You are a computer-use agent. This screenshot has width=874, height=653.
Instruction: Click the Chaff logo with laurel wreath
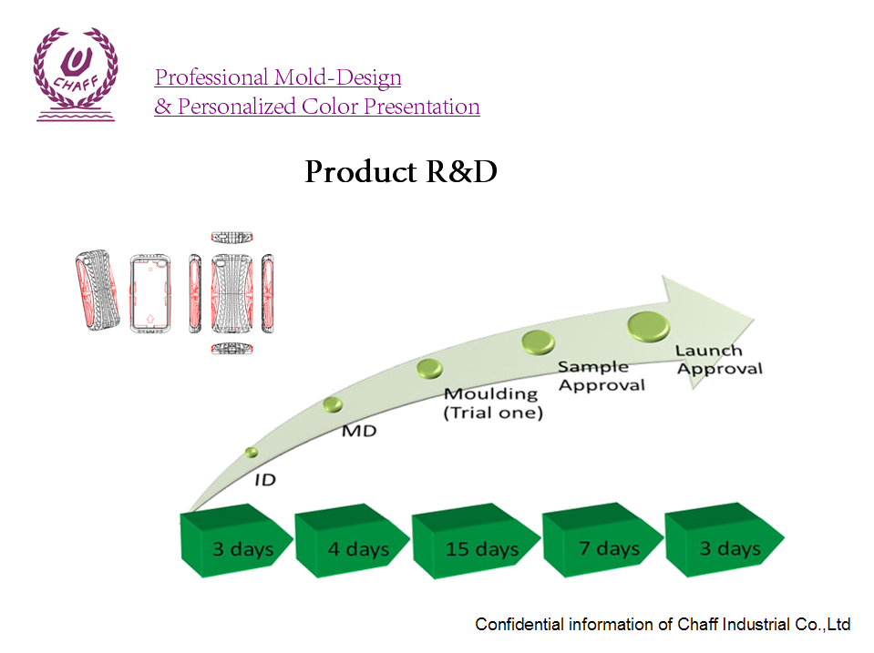click(76, 73)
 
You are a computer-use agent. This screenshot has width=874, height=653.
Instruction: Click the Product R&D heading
click(400, 172)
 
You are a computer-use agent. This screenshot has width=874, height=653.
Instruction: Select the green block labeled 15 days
click(481, 546)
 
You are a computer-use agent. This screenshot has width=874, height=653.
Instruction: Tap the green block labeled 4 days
click(356, 546)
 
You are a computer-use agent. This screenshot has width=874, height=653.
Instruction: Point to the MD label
click(358, 430)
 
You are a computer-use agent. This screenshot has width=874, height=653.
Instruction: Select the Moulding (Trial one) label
click(492, 403)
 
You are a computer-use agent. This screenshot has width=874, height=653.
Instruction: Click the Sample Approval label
click(601, 375)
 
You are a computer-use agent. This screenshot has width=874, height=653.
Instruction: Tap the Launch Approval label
click(718, 359)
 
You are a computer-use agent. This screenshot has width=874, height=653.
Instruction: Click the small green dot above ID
click(252, 452)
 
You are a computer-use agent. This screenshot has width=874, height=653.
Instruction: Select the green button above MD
click(333, 403)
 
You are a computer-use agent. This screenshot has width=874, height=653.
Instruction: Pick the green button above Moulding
click(429, 368)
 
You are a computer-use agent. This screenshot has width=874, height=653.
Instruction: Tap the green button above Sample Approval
click(538, 342)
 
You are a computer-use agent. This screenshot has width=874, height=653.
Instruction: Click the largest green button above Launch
click(649, 324)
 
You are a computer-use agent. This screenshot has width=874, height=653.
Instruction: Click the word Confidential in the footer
click(519, 625)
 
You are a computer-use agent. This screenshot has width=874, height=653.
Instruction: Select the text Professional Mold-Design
click(278, 77)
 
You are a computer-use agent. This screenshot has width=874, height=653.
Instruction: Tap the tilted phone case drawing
click(98, 291)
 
